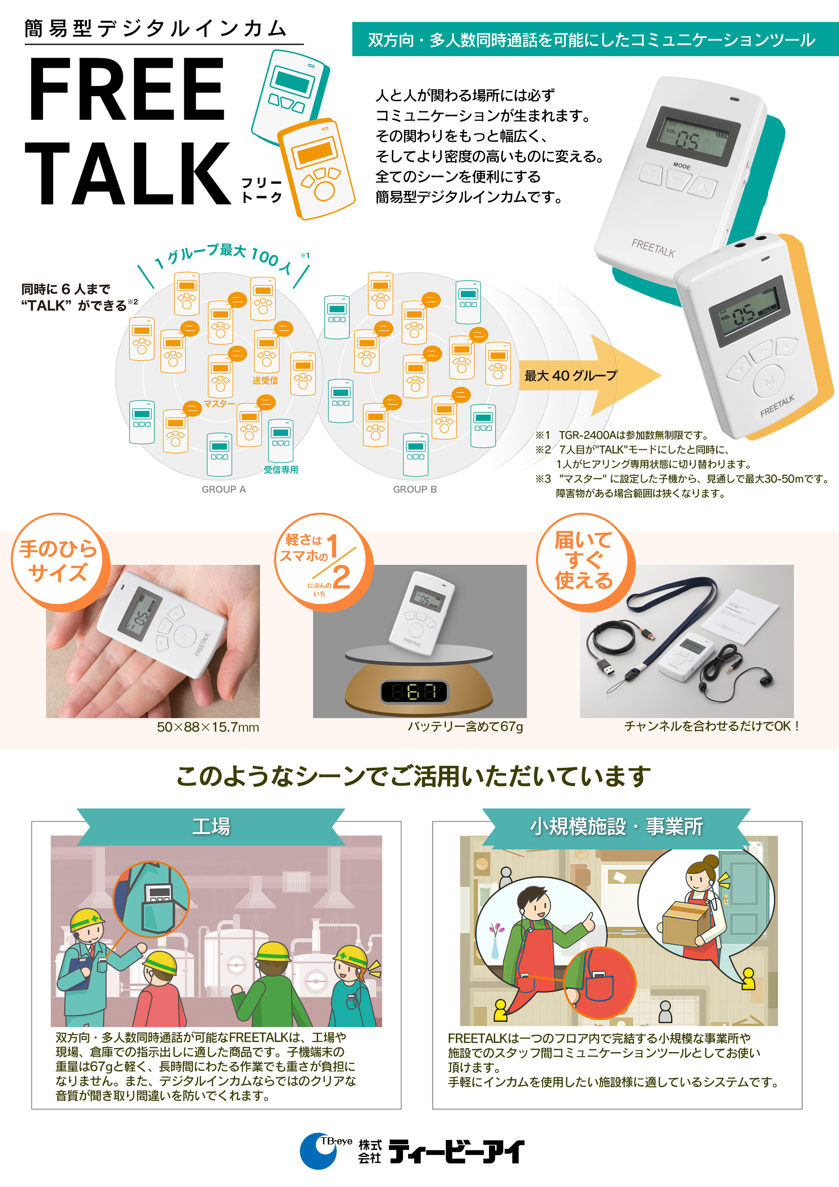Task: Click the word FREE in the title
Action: pos(127,89)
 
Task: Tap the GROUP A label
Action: pos(224,489)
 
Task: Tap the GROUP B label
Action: pos(415,489)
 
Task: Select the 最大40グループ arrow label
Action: pos(571,376)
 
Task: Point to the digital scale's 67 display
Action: pos(415,692)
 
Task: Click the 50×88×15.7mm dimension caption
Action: pos(208,727)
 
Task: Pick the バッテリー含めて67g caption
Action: pos(465,727)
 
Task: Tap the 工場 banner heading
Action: pos(211,826)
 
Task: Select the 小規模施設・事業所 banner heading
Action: pos(616,826)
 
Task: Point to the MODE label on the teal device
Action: pos(682,166)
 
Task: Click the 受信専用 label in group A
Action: pos(281,469)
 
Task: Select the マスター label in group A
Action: pos(219,403)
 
